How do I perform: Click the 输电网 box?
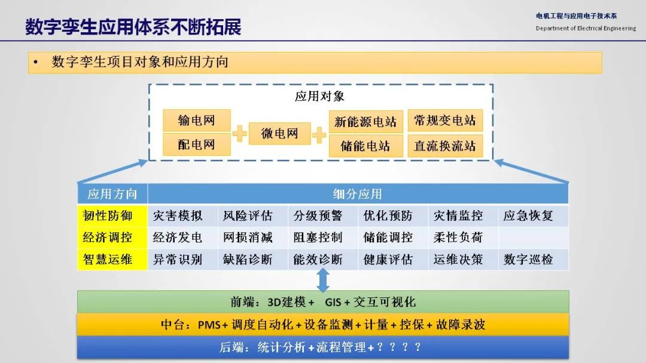pos(197,120)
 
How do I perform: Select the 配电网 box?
pos(197,144)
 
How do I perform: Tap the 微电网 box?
pos(280,133)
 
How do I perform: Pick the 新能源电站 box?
pos(366,122)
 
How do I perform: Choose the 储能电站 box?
pos(366,146)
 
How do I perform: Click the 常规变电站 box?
pos(445,121)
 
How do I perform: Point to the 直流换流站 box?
pos(445,146)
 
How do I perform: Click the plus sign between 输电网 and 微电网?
pos(239,134)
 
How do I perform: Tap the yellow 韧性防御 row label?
pos(112,216)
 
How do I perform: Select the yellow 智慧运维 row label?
pos(112,259)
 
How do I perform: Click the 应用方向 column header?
pos(112,193)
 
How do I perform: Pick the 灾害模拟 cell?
pos(182,216)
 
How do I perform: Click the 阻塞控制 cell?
pos(323,238)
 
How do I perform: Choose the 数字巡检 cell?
pos(533,259)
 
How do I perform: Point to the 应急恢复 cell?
pos(533,216)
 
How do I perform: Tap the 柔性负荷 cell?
pos(463,238)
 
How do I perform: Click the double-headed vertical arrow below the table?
pos(323,281)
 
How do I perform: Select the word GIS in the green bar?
pos(333,303)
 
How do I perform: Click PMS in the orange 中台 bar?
pos(209,325)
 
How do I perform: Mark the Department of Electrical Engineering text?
pos(586,29)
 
